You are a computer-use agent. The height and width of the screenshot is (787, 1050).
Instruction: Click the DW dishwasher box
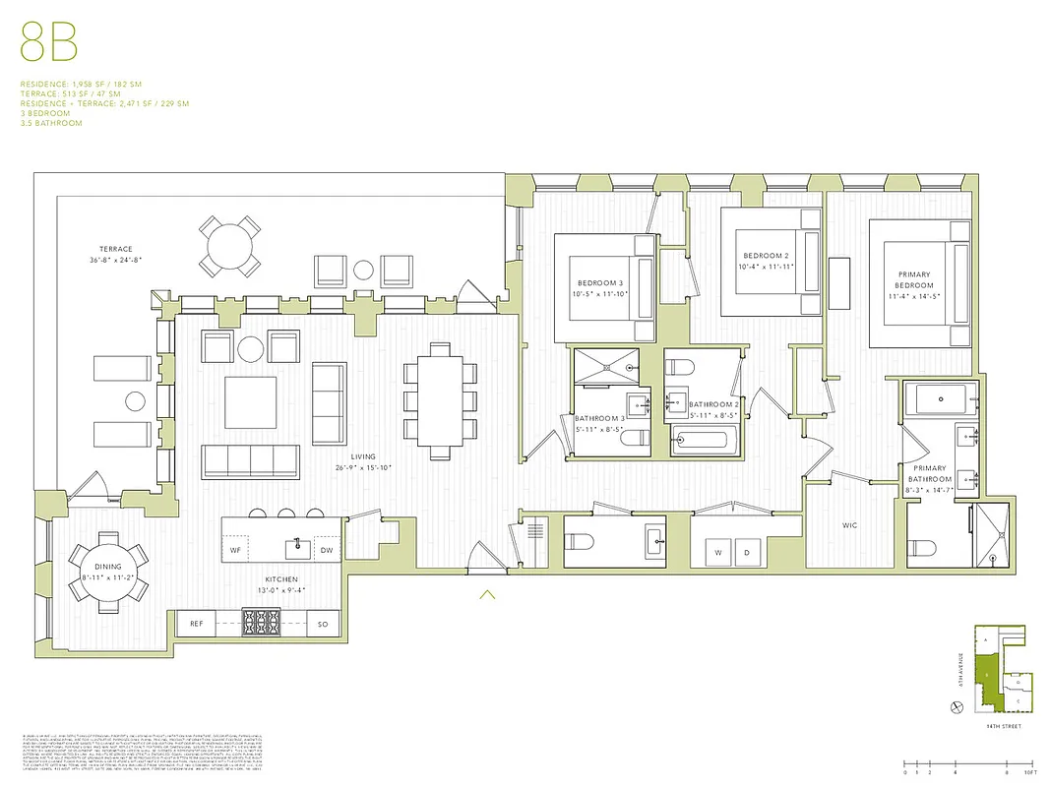327,550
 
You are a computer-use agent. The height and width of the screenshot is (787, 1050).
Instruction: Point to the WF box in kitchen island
235,550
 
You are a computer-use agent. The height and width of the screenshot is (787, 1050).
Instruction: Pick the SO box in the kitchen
323,623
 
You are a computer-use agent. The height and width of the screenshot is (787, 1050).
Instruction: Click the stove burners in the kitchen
262,623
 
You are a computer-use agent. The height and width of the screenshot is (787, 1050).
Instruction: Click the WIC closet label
849,526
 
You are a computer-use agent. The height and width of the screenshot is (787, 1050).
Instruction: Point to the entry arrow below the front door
486,594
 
